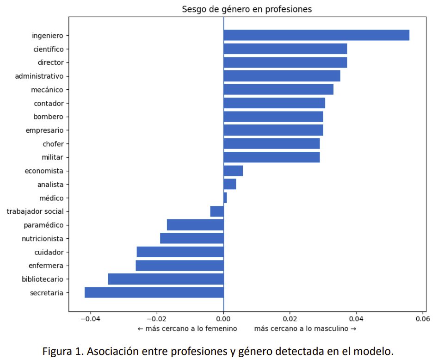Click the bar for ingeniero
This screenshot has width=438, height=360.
316,35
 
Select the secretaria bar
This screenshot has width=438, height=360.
154,292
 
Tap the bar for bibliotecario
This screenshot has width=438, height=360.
166,279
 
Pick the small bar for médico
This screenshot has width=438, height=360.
225,198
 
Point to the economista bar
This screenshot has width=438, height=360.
233,171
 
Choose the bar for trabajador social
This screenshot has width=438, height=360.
217,211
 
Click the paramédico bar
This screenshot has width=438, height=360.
195,225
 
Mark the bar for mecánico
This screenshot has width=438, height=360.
278,89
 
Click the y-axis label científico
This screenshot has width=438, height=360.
49,49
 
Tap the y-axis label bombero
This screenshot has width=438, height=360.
49,117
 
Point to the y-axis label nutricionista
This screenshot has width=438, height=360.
43,239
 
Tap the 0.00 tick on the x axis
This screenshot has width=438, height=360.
223,319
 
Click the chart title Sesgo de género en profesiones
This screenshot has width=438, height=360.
247,9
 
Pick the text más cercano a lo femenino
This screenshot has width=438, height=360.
187,329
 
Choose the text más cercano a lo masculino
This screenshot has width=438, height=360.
305,329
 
